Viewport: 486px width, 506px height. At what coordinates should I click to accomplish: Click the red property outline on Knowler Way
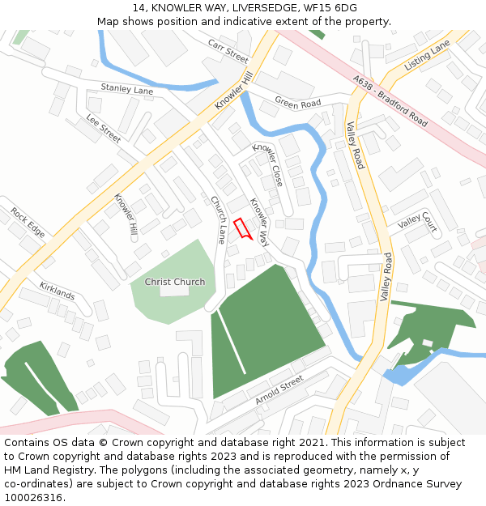(242, 228)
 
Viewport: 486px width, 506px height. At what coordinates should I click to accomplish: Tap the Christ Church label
(175, 282)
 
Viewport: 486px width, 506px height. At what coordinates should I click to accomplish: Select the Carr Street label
(228, 50)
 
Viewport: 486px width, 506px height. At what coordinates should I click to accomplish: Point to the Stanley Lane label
(126, 89)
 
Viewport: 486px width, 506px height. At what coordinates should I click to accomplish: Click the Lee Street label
(104, 129)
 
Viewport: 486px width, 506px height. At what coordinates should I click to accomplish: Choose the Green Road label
(297, 104)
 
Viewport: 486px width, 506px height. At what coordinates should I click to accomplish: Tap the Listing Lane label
(426, 55)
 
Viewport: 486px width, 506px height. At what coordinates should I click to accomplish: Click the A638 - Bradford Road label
(390, 100)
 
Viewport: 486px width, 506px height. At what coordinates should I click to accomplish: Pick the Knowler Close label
(268, 164)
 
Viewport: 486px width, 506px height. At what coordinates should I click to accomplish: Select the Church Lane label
(219, 219)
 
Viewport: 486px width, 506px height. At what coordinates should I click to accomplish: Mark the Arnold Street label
(279, 390)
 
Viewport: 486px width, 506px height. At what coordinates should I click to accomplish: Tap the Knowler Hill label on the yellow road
(234, 90)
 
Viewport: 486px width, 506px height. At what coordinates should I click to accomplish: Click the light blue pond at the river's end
(398, 375)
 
